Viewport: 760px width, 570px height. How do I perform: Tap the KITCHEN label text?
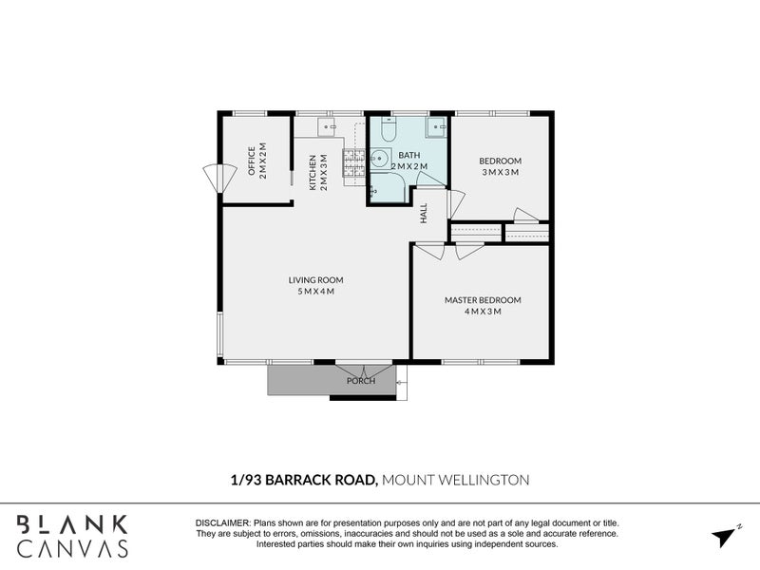tap(313, 173)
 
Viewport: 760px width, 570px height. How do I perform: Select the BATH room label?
tap(409, 155)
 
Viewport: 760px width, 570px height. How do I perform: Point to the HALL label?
tap(424, 214)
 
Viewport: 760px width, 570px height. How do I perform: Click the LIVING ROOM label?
tap(315, 280)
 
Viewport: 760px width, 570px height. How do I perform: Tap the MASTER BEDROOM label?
tap(483, 300)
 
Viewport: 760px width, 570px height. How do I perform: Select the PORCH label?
tap(361, 381)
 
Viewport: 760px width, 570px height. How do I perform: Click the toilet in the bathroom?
tap(388, 130)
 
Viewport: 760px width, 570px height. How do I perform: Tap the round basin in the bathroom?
tap(380, 159)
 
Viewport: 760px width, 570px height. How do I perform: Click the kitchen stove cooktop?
tap(354, 164)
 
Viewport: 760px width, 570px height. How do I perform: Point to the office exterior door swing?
tap(218, 178)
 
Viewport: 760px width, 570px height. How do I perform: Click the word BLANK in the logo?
tap(71, 523)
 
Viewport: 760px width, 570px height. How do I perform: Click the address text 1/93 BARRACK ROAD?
tap(303, 480)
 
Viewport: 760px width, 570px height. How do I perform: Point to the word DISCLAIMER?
tap(221, 523)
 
